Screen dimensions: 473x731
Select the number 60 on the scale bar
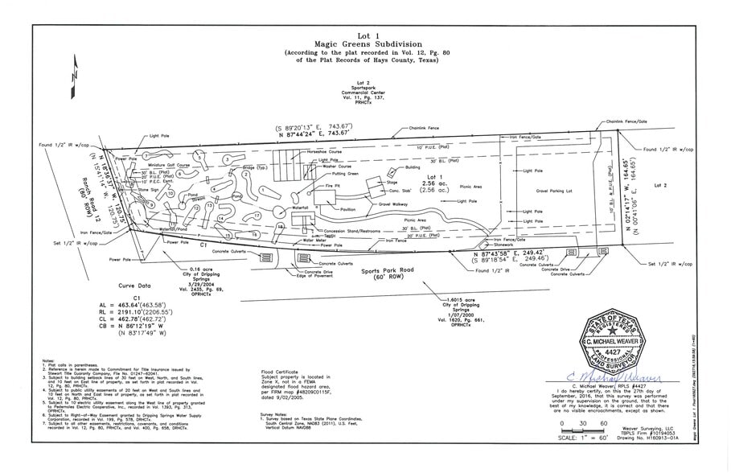[603, 422]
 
